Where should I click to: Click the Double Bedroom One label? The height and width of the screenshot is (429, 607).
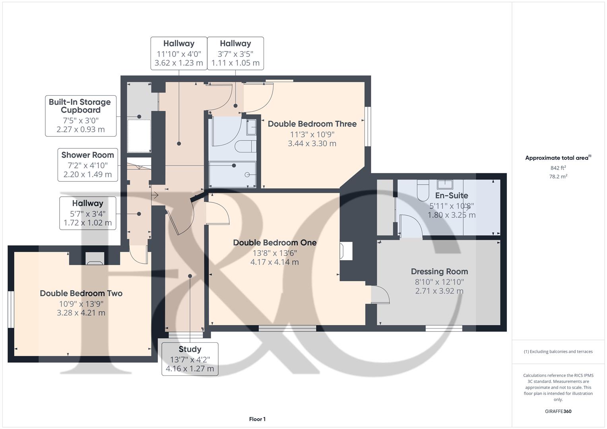click(x=275, y=243)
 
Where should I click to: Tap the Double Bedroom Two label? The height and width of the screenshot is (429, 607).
click(x=81, y=294)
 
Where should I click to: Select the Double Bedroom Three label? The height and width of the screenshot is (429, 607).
click(x=312, y=124)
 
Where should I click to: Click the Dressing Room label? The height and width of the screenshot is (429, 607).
click(x=439, y=272)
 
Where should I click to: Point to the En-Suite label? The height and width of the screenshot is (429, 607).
click(x=451, y=195)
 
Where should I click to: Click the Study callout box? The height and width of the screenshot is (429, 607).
click(x=190, y=359)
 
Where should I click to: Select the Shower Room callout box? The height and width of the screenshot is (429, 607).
click(x=87, y=164)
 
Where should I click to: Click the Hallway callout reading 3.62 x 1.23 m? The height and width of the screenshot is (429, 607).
click(x=179, y=53)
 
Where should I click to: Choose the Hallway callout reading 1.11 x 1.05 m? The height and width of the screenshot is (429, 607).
click(x=235, y=53)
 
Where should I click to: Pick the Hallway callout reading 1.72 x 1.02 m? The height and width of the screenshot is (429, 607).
click(x=87, y=213)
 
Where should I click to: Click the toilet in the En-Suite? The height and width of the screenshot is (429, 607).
click(x=423, y=191)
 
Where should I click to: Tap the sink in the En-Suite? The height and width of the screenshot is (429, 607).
click(x=445, y=184)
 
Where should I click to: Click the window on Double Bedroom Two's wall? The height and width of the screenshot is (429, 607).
click(x=11, y=309)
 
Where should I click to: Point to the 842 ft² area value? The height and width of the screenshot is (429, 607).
click(x=558, y=168)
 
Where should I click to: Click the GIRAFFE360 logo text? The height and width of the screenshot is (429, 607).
click(x=558, y=412)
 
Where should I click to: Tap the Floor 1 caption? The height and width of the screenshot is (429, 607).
click(x=257, y=419)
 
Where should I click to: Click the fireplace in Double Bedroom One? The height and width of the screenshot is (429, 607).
click(x=345, y=251)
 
